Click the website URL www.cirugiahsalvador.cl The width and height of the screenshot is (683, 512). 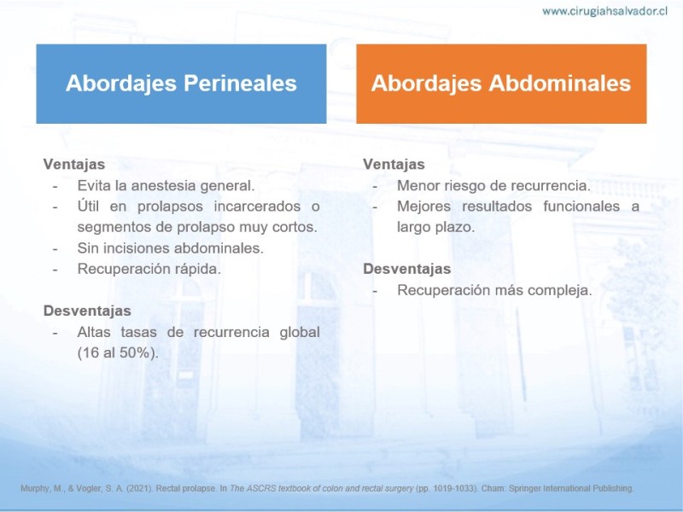[x=604, y=12]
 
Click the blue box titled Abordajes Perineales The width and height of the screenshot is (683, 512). [x=181, y=84]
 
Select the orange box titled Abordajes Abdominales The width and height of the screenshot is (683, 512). [x=501, y=84]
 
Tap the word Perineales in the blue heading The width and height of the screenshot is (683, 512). [x=240, y=83]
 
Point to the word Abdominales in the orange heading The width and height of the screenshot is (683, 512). [x=560, y=83]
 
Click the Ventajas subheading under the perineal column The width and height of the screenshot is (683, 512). [x=74, y=164]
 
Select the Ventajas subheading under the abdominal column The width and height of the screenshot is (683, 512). [x=394, y=164]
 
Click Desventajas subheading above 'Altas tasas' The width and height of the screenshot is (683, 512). [x=87, y=311]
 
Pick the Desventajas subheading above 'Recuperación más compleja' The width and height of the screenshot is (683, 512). [x=407, y=269]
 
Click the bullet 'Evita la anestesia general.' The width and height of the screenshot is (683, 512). [x=166, y=185]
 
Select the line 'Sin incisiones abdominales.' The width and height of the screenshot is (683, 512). [x=170, y=248]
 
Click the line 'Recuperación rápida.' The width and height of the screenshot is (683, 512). [x=149, y=269]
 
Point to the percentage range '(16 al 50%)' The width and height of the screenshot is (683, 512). [x=118, y=352]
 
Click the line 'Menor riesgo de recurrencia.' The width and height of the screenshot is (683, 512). [x=493, y=185]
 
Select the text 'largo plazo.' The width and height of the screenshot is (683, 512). [x=435, y=227]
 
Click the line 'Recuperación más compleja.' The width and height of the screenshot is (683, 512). [x=494, y=290]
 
